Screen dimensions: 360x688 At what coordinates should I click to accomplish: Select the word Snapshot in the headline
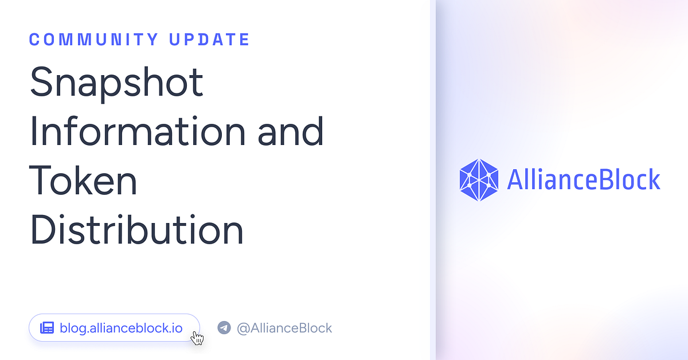click(x=116, y=83)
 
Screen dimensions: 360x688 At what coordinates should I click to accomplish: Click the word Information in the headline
click(x=137, y=131)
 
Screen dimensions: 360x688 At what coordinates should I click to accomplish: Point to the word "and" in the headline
click(x=291, y=131)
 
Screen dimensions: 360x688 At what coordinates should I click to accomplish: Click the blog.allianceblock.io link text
click(x=121, y=328)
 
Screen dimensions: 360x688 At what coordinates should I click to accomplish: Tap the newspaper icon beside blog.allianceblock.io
click(x=46, y=328)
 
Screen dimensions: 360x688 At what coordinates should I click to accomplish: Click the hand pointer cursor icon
click(x=197, y=338)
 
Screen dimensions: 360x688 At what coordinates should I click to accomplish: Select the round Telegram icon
click(x=224, y=328)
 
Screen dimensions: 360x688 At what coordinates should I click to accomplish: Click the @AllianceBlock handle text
click(x=284, y=328)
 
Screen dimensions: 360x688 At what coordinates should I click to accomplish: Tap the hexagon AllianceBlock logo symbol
click(x=479, y=180)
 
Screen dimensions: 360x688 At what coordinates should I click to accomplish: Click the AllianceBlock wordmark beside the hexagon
click(x=584, y=180)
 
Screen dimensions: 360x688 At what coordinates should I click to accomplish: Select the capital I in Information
click(x=34, y=131)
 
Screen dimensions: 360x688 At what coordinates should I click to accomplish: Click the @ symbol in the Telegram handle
click(x=243, y=328)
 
